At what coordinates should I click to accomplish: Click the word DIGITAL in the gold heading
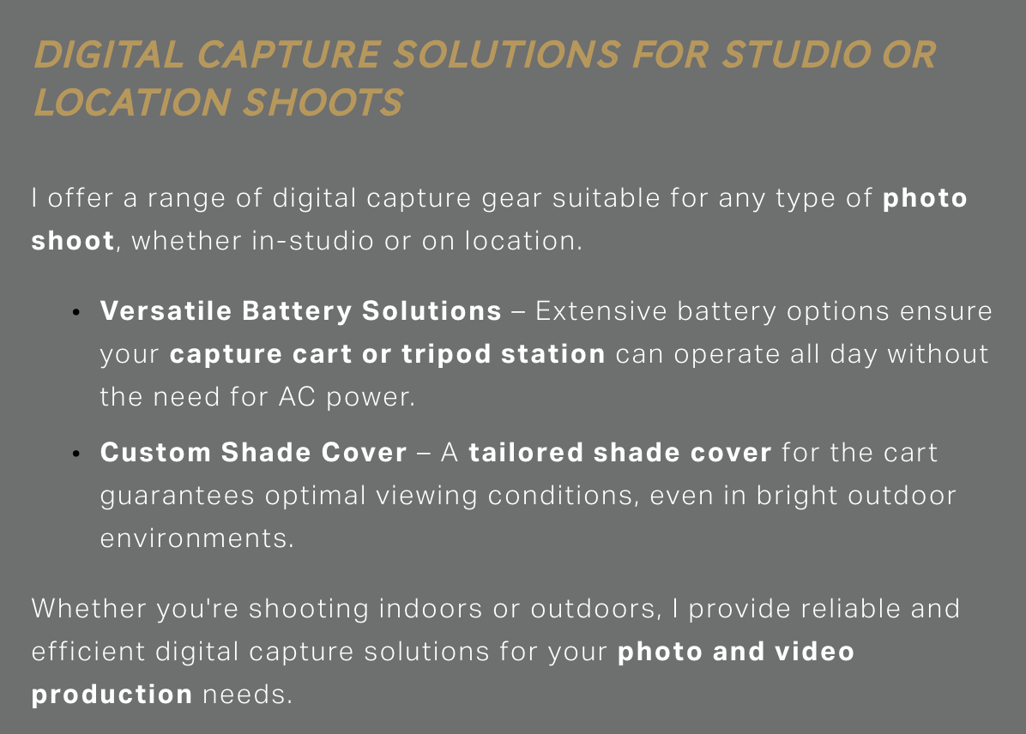click(x=109, y=54)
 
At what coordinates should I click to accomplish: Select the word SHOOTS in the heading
click(x=324, y=103)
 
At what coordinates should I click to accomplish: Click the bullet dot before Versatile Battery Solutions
click(x=76, y=313)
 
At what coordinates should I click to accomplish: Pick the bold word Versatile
click(x=166, y=310)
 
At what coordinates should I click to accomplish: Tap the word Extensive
click(x=601, y=310)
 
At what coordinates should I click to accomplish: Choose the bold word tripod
click(x=446, y=355)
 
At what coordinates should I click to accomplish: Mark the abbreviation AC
click(x=297, y=396)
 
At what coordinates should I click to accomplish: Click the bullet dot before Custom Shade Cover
click(x=76, y=454)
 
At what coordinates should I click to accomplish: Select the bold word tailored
click(x=526, y=453)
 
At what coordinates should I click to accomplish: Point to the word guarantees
click(x=177, y=496)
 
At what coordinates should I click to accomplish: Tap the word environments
click(x=197, y=538)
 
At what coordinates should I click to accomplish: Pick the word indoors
click(x=431, y=609)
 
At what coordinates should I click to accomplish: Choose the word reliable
click(x=851, y=609)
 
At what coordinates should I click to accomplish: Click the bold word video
click(x=815, y=652)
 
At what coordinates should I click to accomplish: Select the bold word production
click(x=112, y=695)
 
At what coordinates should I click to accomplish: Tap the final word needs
click(x=247, y=695)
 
